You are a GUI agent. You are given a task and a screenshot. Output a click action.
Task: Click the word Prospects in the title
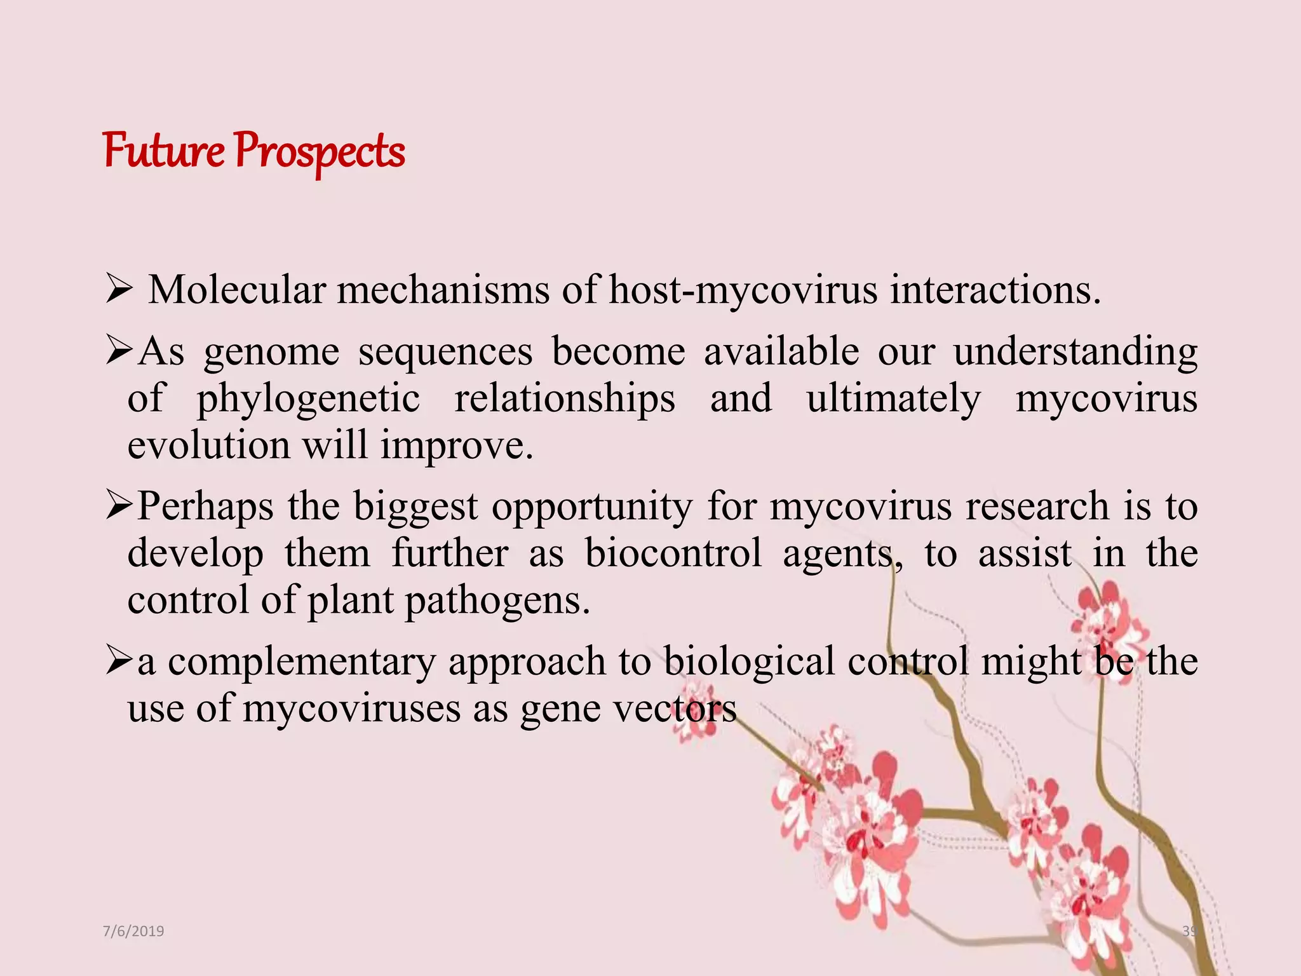(x=320, y=152)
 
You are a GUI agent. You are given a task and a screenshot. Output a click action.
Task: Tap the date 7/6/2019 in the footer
(x=133, y=932)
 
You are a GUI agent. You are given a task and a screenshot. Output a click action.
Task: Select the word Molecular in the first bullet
(x=236, y=290)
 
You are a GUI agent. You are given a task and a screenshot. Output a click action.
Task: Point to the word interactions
(x=995, y=290)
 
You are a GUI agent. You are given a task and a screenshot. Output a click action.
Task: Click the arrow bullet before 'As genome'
(x=119, y=351)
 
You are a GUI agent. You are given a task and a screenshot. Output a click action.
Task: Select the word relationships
(x=565, y=399)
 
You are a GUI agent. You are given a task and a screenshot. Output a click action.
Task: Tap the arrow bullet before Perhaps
(x=119, y=507)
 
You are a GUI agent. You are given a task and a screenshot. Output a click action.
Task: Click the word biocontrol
(x=673, y=553)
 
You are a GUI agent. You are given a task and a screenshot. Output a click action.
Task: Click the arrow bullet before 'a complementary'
(x=119, y=661)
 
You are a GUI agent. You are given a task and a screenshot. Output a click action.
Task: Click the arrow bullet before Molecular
(x=119, y=291)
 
